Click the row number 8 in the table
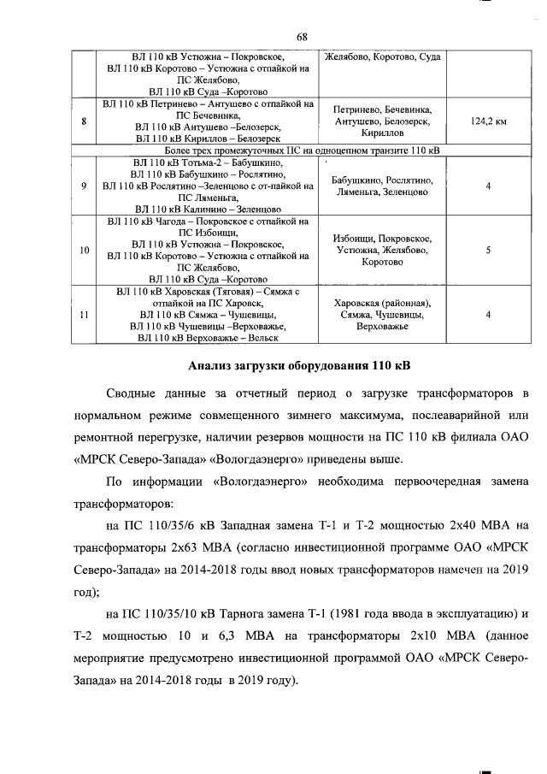(83, 122)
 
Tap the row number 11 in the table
(83, 315)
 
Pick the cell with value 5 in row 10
(487, 251)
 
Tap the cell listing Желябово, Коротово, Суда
(383, 56)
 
